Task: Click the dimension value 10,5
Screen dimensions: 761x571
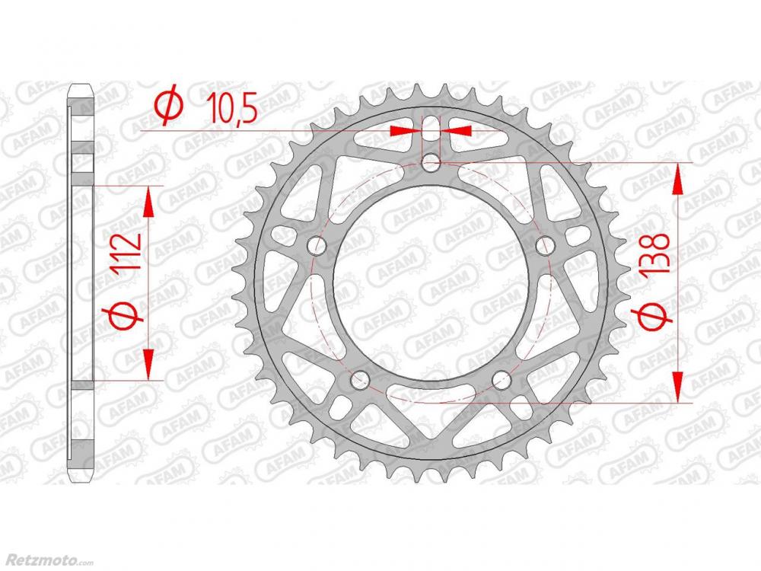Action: [231, 108]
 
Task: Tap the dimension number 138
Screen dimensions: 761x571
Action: [656, 257]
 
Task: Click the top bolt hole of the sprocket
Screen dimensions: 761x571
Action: [431, 163]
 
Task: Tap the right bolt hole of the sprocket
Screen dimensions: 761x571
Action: [545, 246]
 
